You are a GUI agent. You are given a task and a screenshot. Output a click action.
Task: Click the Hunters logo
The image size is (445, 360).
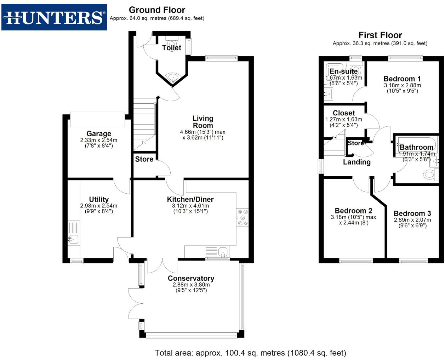54,17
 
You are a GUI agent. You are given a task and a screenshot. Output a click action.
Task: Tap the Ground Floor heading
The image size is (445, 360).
157,10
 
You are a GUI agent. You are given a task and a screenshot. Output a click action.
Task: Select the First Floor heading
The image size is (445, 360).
380,35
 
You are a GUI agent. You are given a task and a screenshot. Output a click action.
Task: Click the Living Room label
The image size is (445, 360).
203,122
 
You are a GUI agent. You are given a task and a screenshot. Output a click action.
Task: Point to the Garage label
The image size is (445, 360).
99,133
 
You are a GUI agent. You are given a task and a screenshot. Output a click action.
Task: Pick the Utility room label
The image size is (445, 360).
99,199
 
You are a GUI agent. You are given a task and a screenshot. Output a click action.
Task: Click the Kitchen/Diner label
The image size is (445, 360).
190,199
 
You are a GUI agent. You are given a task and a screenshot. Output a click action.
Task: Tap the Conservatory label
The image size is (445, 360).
191,278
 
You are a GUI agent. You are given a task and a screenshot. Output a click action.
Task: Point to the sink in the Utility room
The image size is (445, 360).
73,239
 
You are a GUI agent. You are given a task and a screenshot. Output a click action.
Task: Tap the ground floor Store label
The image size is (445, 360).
144,159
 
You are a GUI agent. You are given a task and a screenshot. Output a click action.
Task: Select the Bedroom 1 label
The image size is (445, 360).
402,79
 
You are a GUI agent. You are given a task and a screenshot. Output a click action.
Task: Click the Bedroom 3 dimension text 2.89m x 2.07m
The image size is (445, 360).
412,220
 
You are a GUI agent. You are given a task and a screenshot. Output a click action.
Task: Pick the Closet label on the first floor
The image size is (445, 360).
343,113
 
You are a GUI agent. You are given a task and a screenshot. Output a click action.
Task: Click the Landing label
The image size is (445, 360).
356,162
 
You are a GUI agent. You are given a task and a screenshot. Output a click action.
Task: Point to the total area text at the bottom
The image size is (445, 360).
250,353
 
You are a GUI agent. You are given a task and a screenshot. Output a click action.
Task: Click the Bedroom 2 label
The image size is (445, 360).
353,211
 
